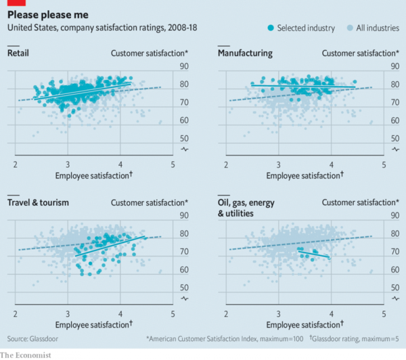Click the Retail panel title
point(18,53)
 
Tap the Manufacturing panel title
point(244,53)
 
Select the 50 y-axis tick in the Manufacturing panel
point(394,138)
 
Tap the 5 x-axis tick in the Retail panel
point(173,164)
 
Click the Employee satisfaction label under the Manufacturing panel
point(304,175)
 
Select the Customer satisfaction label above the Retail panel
point(150,53)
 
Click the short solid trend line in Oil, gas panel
point(315,254)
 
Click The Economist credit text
point(26,355)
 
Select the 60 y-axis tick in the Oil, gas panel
point(394,269)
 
